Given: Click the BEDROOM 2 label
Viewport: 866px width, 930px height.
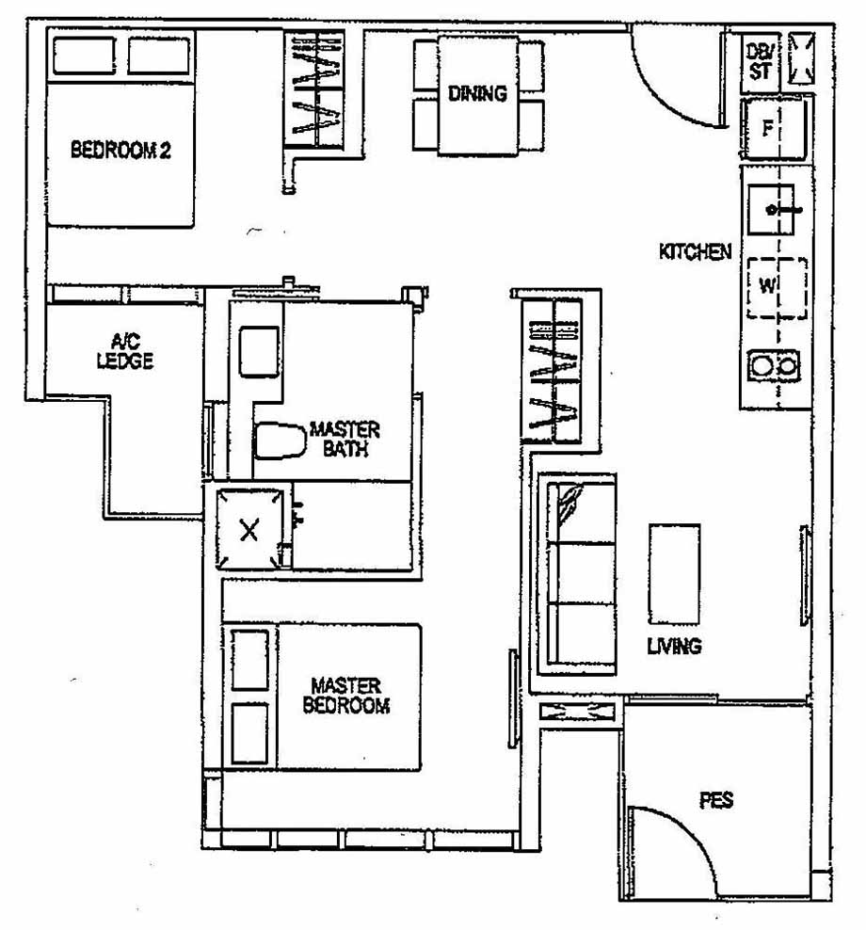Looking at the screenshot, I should coord(120,150).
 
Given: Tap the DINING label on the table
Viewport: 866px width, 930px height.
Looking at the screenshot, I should coord(477,93).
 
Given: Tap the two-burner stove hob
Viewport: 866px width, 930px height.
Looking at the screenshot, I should coord(774,364).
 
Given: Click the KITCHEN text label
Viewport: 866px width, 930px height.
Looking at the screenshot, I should coord(695,252).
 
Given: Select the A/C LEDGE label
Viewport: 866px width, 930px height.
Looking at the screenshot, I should coord(124,352).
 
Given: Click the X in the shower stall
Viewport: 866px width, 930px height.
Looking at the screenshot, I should coord(249,530).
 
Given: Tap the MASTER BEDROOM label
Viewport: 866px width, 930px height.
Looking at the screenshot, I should coord(345,696).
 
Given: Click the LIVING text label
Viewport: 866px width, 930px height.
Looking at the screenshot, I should coord(673,647).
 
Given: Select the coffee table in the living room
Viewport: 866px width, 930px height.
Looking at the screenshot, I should coord(674,573).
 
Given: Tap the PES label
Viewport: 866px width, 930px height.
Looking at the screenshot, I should coord(716,801).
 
